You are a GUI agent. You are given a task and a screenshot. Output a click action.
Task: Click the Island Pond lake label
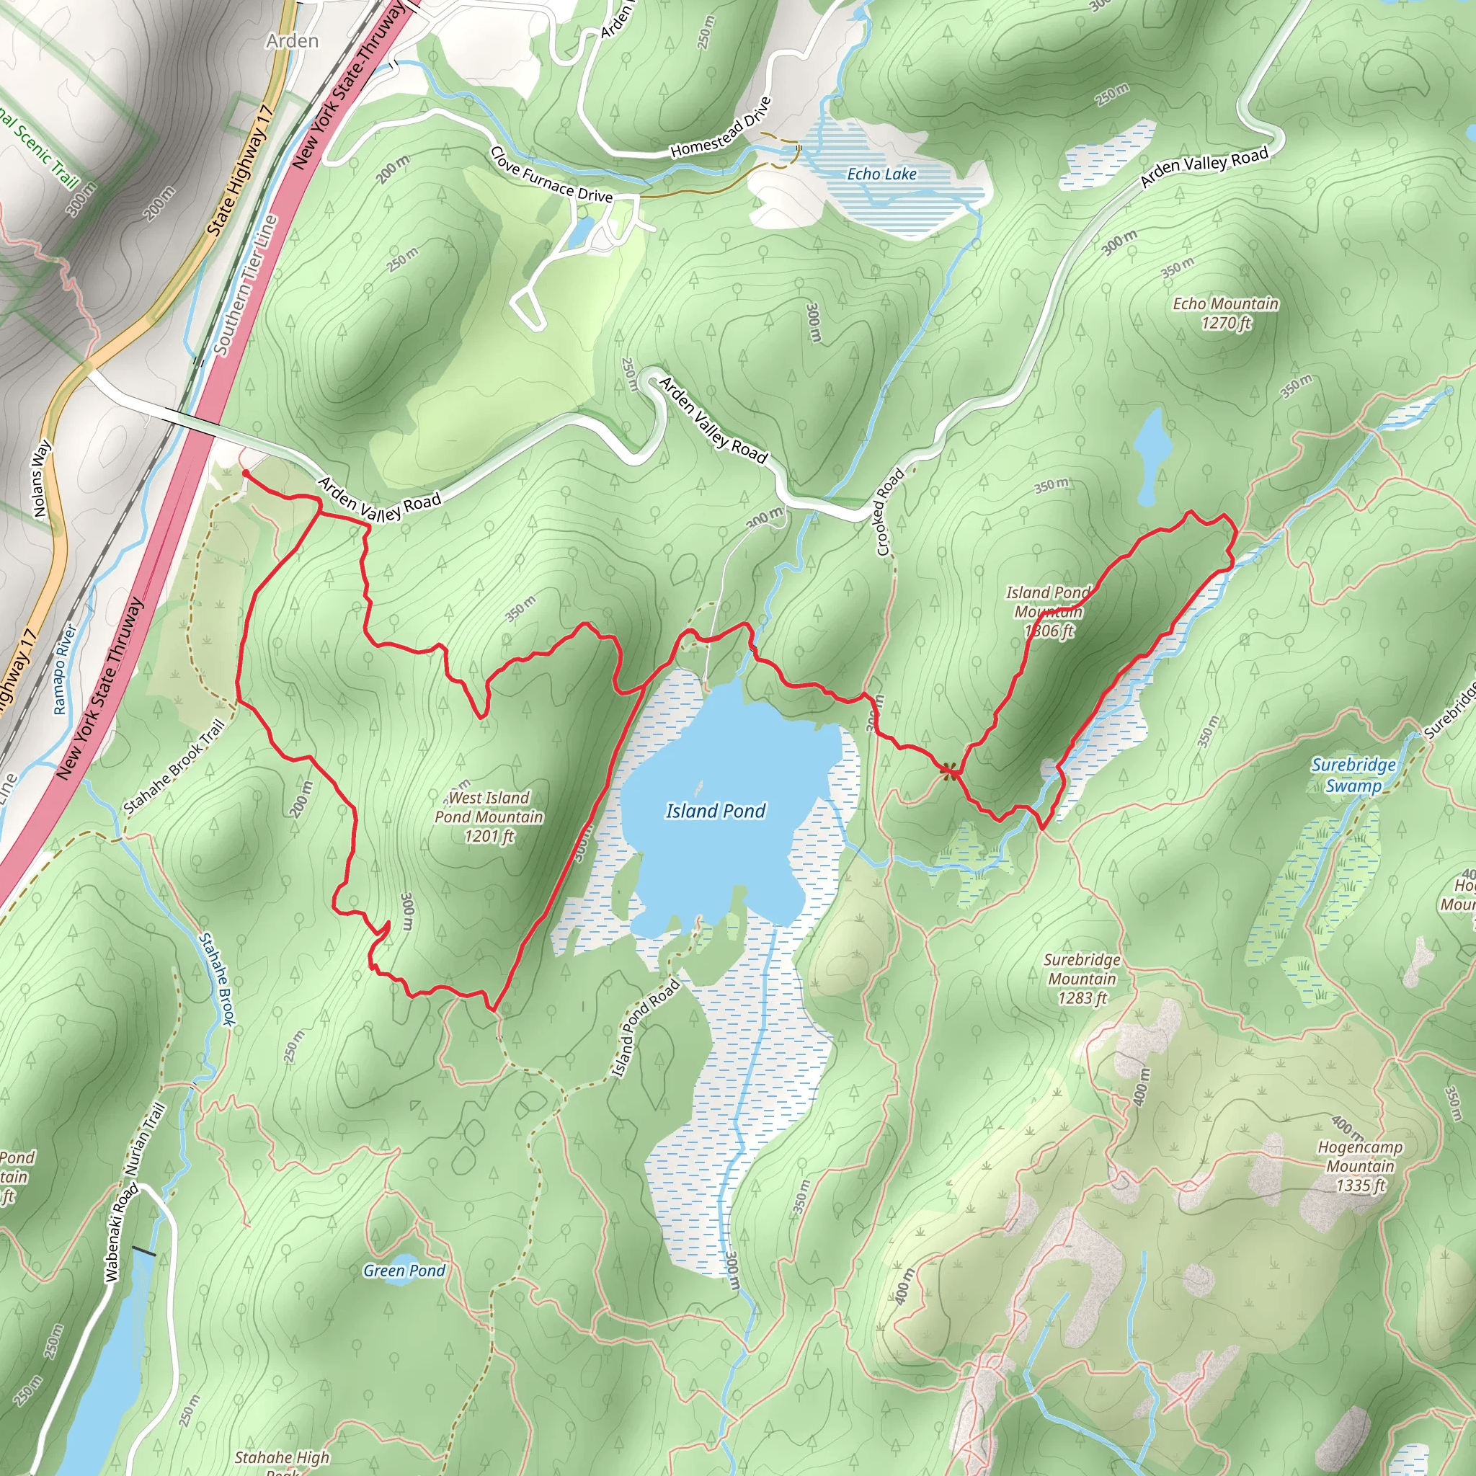pyautogui.click(x=715, y=811)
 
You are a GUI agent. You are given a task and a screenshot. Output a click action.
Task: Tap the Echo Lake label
pyautogui.click(x=881, y=174)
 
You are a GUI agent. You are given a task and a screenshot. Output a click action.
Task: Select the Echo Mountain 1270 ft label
pyautogui.click(x=1225, y=314)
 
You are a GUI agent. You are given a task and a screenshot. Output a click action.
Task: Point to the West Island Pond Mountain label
pyautogui.click(x=489, y=817)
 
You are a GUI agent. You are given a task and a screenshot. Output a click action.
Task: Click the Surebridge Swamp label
pyautogui.click(x=1353, y=775)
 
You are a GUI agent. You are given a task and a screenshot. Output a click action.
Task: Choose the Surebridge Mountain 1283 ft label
pyautogui.click(x=1082, y=979)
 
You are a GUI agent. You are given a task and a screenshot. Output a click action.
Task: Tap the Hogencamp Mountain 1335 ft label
pyautogui.click(x=1360, y=1166)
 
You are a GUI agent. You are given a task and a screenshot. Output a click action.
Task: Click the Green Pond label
pyautogui.click(x=404, y=1271)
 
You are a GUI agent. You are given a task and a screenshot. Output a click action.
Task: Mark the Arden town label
pyautogui.click(x=292, y=41)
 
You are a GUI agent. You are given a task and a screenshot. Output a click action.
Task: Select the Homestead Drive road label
pyautogui.click(x=721, y=128)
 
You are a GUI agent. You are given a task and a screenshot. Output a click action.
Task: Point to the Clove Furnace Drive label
pyautogui.click(x=551, y=175)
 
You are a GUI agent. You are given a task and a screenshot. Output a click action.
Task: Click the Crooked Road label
pyautogui.click(x=890, y=512)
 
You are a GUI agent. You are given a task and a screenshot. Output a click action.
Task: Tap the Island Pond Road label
pyautogui.click(x=646, y=1028)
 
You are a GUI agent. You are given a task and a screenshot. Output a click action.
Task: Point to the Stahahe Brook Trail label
pyautogui.click(x=174, y=767)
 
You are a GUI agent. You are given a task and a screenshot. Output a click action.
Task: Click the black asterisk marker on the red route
pyautogui.click(x=949, y=772)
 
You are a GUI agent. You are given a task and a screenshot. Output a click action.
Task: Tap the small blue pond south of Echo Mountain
pyautogui.click(x=1148, y=457)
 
